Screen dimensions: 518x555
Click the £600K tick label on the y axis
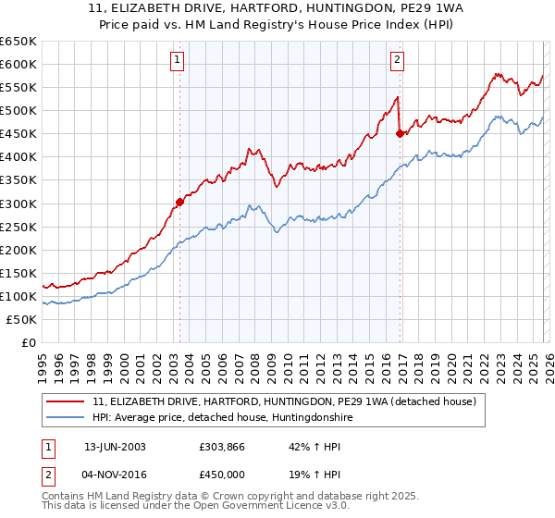tap(18, 64)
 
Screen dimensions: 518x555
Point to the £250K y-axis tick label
tap(18, 227)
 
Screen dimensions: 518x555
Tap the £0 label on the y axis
tap(28, 342)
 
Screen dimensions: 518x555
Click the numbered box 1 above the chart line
tap(178, 62)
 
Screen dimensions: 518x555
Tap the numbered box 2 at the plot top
tap(398, 62)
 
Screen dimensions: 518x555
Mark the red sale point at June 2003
tap(179, 202)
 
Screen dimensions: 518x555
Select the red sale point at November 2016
tap(400, 133)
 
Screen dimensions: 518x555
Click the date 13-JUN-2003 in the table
tap(115, 446)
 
